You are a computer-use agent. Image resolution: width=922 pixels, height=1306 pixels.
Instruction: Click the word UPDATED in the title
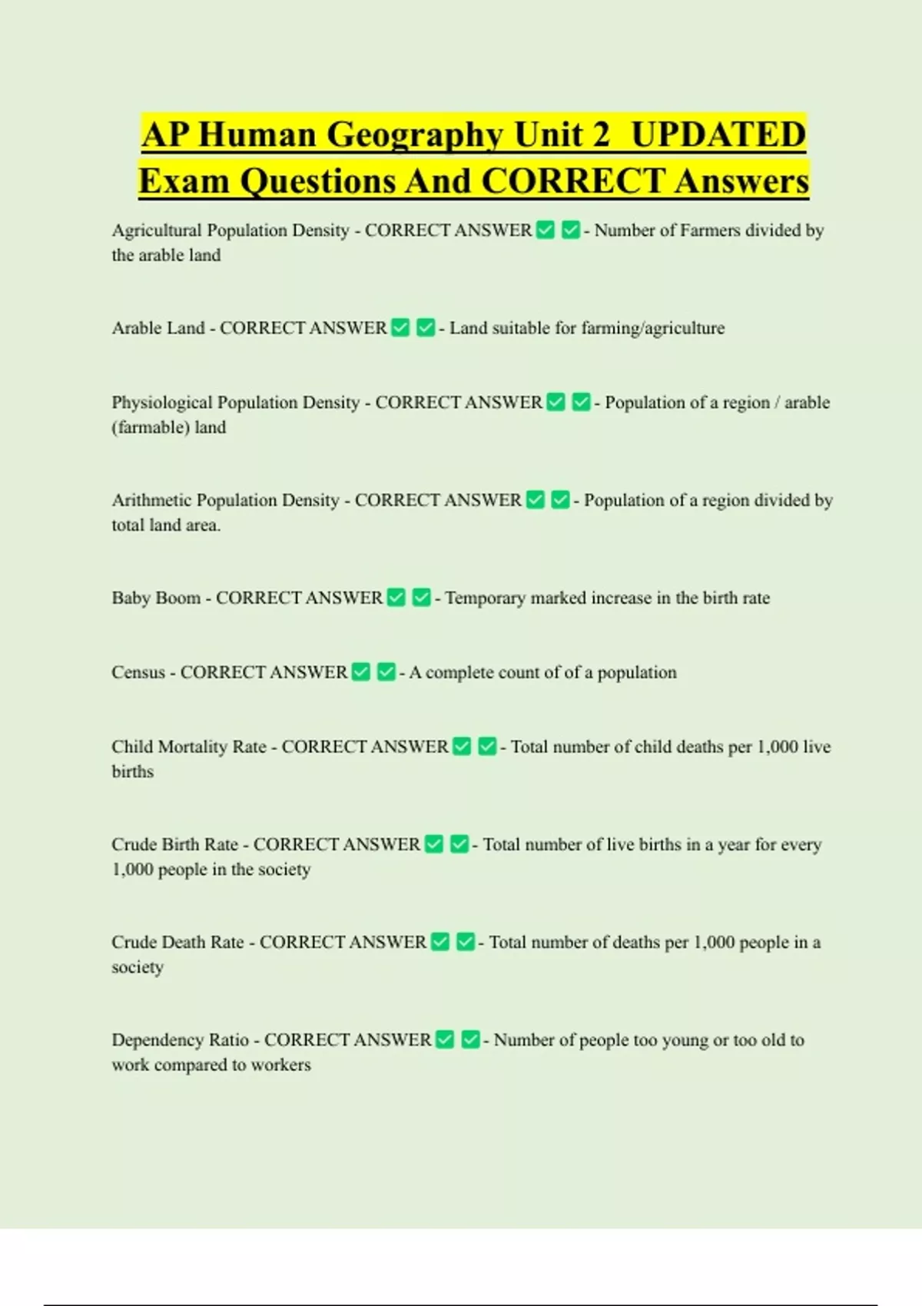(x=718, y=134)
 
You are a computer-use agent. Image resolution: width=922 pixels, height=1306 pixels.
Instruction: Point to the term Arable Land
(x=158, y=328)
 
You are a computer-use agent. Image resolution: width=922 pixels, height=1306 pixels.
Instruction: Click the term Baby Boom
(x=156, y=598)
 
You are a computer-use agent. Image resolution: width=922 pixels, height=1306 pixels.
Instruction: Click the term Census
(x=138, y=672)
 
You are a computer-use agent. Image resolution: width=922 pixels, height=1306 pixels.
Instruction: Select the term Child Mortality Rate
(x=189, y=747)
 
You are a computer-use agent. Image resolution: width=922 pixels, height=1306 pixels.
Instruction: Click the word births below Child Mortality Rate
(x=132, y=771)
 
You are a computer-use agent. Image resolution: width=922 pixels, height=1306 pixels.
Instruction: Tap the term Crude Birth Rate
(x=175, y=844)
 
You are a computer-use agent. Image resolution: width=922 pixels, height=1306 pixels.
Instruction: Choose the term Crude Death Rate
(x=177, y=942)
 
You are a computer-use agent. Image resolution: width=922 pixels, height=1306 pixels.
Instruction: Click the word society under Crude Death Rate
(x=138, y=967)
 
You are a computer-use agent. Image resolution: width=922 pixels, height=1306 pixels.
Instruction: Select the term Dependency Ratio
(x=180, y=1040)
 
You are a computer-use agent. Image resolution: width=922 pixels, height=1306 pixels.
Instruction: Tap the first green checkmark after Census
(x=361, y=672)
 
